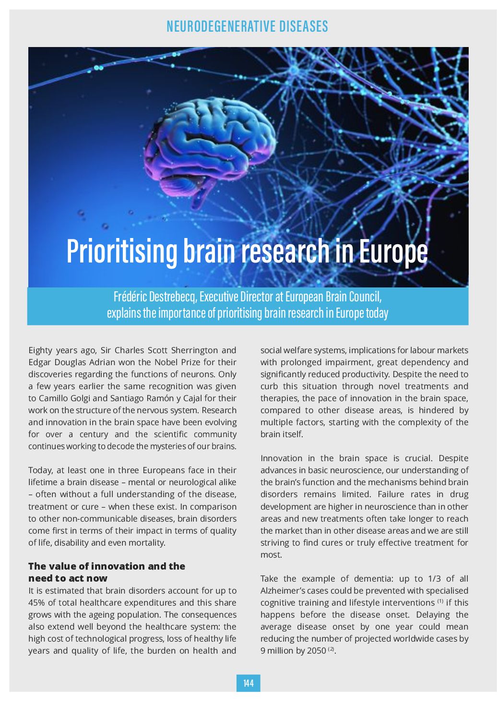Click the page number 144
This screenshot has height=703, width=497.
[248, 683]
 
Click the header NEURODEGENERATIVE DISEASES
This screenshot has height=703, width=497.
[248, 26]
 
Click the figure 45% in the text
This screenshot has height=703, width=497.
[37, 603]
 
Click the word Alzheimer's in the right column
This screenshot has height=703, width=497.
[286, 591]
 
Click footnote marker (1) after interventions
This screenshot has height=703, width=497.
[440, 601]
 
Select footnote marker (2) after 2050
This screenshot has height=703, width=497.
[331, 649]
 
